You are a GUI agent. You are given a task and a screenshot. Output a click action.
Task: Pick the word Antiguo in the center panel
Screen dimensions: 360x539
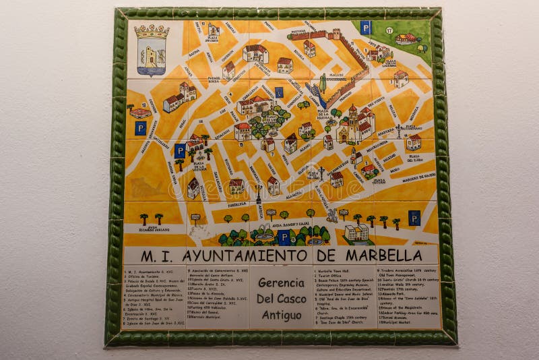[x=282, y=315]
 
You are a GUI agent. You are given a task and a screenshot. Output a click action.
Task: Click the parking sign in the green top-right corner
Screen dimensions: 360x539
[x=365, y=28]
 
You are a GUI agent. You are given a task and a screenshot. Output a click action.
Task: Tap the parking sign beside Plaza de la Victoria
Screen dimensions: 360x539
[x=180, y=150]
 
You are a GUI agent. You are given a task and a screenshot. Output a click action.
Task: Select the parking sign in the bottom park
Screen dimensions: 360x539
[x=284, y=237]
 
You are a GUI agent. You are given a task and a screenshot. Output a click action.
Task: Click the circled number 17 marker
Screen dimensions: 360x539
[x=389, y=30]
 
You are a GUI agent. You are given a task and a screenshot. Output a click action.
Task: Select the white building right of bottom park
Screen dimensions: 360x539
[x=357, y=233]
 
